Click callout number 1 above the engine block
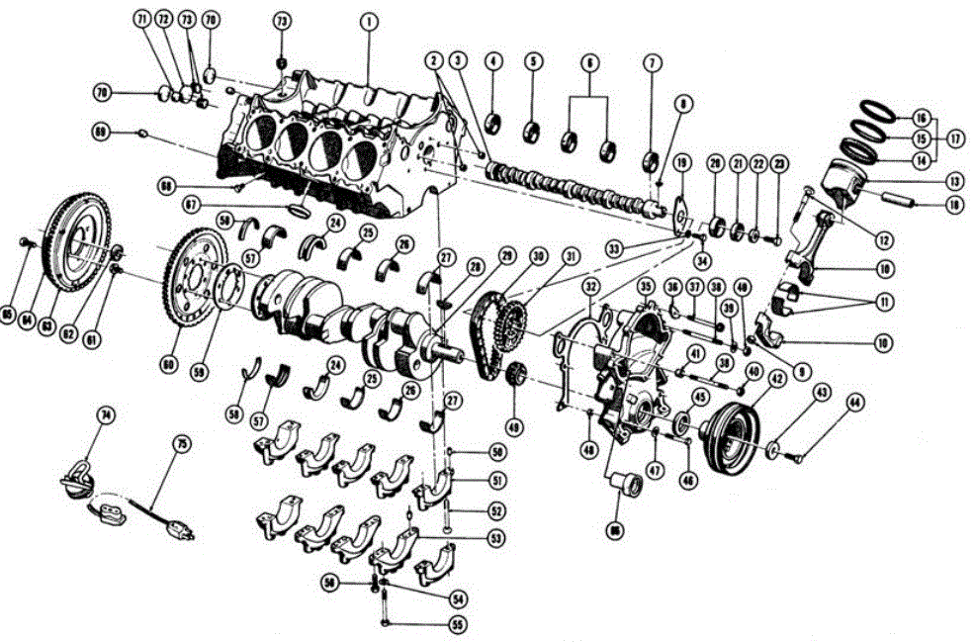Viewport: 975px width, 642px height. click(x=368, y=19)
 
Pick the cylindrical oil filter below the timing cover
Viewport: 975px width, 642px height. click(x=625, y=489)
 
